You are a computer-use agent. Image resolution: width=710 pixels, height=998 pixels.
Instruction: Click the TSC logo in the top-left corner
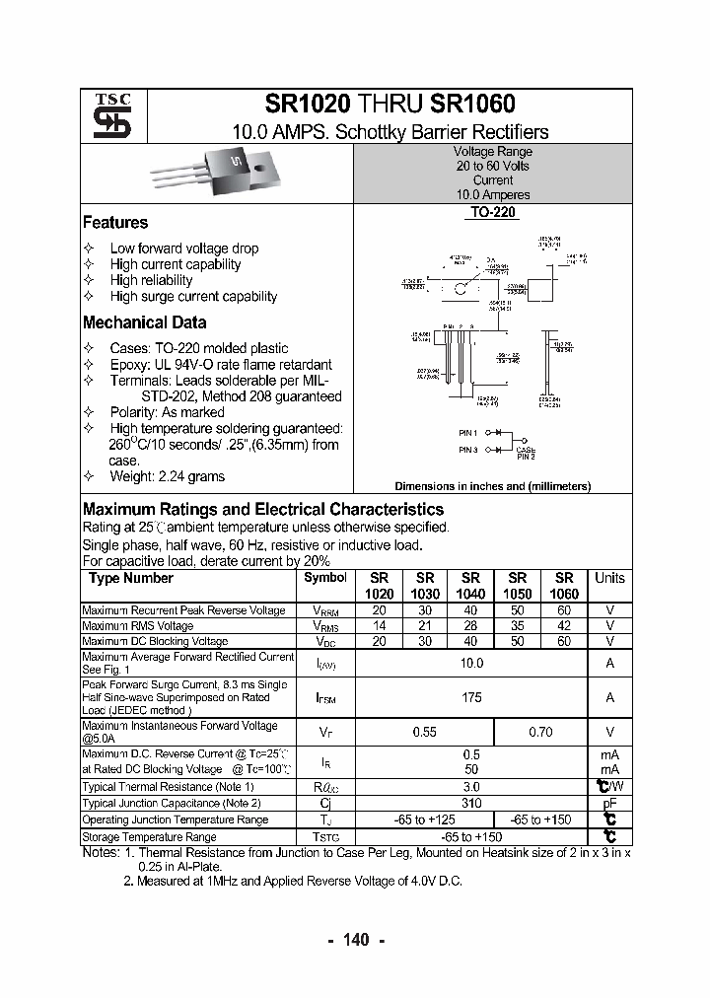click(106, 115)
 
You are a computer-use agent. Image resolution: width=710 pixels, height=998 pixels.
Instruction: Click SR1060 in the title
click(471, 105)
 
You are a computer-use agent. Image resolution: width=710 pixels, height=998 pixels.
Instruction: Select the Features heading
click(115, 223)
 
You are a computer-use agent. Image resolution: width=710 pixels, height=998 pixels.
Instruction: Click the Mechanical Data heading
click(144, 322)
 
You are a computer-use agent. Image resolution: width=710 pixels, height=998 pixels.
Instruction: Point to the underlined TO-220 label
click(493, 212)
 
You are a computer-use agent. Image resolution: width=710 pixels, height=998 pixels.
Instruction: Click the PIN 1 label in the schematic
click(468, 433)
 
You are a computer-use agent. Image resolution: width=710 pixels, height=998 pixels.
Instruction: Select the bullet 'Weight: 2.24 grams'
click(167, 476)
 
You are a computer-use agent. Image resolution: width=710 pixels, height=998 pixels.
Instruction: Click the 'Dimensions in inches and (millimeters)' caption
click(492, 486)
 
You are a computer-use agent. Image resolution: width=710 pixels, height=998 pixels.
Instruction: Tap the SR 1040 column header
click(470, 586)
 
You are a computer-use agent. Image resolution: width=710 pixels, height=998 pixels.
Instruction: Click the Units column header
click(609, 578)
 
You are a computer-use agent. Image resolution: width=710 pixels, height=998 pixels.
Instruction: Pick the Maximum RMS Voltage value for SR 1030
click(425, 626)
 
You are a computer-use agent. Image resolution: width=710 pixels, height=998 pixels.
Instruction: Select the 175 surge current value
click(471, 697)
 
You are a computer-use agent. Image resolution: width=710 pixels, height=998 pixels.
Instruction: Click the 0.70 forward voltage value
click(540, 733)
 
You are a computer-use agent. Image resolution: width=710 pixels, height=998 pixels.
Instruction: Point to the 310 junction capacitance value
click(471, 803)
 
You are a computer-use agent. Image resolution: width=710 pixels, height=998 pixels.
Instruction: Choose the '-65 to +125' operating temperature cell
click(424, 820)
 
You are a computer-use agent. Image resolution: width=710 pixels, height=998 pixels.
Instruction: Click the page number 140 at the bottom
click(354, 940)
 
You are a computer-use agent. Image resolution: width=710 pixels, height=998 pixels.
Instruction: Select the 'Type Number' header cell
click(131, 579)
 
